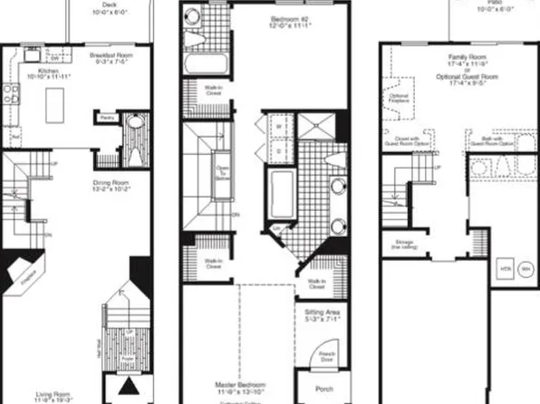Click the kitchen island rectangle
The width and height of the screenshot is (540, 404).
click(x=62, y=93)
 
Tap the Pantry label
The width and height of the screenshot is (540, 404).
click(x=107, y=117)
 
